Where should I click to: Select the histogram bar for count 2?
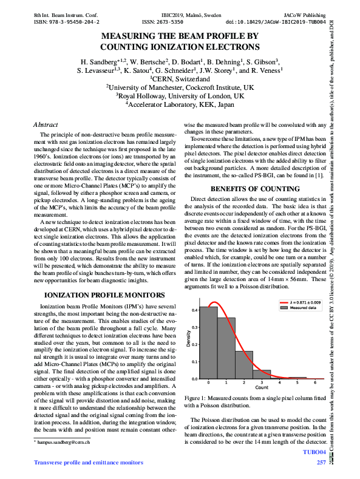pyautogui.click(x=244, y=365)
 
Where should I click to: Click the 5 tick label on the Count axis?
pyautogui.click(x=297, y=382)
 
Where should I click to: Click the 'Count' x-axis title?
pyautogui.click(x=262, y=387)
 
